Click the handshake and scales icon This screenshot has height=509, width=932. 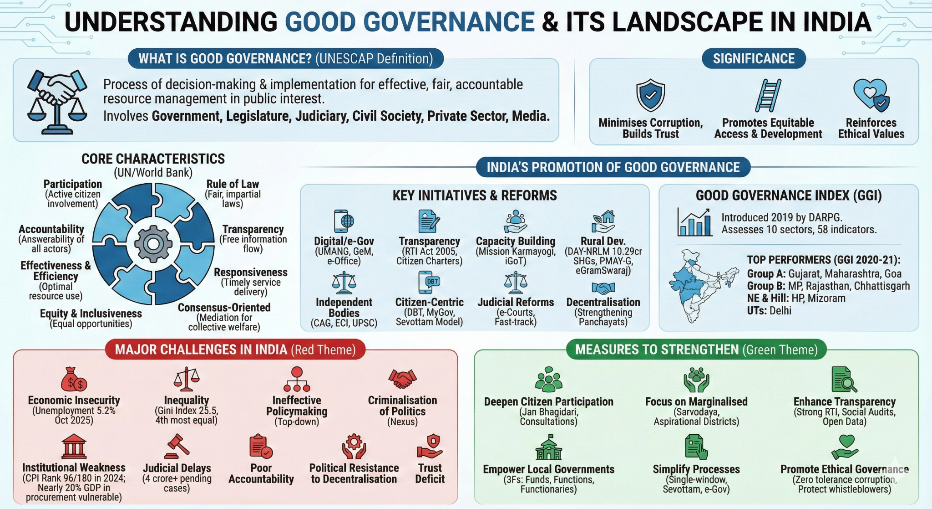(x=57, y=101)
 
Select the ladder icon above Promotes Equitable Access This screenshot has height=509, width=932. (x=768, y=95)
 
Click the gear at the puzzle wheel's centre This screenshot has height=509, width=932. (x=153, y=244)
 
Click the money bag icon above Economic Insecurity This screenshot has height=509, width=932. (x=74, y=380)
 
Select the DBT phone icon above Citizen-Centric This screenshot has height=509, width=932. (x=429, y=282)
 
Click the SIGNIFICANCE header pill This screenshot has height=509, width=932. (x=754, y=59)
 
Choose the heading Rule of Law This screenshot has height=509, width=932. (x=233, y=184)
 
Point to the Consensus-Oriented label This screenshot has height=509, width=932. (x=224, y=308)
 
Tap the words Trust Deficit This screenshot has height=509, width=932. (x=430, y=473)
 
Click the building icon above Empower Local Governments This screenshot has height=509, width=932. (x=549, y=447)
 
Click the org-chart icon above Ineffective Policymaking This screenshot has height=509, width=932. (x=297, y=380)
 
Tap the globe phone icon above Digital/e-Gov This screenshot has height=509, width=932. (x=344, y=221)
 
